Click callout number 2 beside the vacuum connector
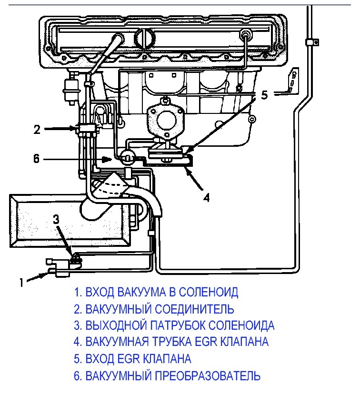37,130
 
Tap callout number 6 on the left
37,159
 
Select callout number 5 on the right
264,95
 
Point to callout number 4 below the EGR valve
206,198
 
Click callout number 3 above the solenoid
56,219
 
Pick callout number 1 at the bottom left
21,283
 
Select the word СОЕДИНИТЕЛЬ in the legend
194,309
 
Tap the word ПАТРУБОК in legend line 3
178,325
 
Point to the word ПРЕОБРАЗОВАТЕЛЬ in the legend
207,376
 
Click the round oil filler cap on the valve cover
145,38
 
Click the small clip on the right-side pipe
312,42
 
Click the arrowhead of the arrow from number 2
75,129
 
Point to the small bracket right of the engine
293,81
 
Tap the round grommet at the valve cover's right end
245,34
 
